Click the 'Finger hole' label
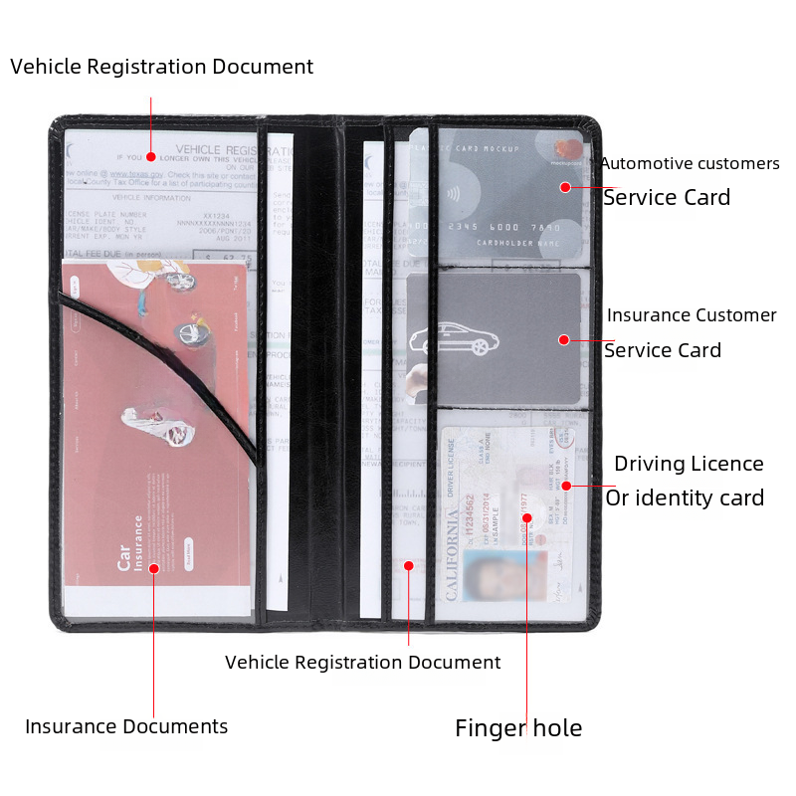[x=518, y=728]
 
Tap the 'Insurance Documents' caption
[x=126, y=726]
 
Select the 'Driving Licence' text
[x=689, y=464]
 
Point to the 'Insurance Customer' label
[x=692, y=315]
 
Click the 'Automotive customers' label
[x=689, y=163]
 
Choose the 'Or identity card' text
[x=685, y=497]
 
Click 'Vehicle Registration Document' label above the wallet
[x=161, y=67]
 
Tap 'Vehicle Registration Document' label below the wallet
[x=363, y=662]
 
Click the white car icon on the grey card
[x=454, y=339]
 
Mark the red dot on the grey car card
[x=563, y=339]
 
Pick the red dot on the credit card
[x=565, y=187]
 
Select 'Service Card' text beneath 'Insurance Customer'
[x=663, y=350]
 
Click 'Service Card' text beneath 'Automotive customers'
[x=667, y=197]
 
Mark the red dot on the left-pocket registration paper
[x=150, y=156]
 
